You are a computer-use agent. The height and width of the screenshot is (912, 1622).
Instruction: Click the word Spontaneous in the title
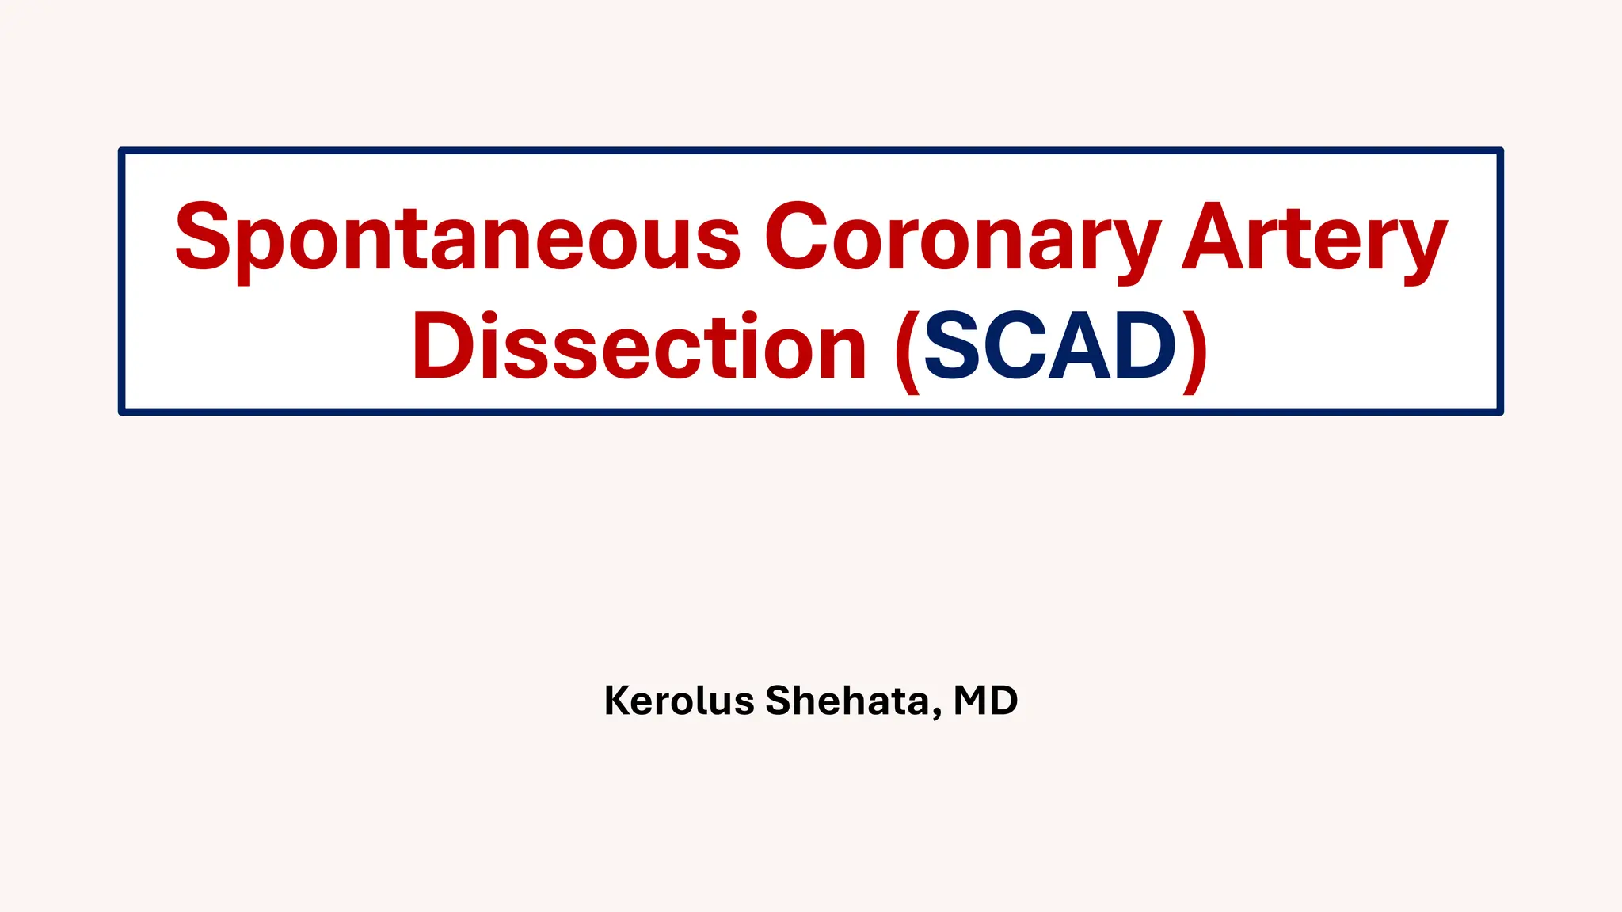click(x=458, y=237)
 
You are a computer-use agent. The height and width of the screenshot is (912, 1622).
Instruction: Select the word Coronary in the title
click(x=962, y=237)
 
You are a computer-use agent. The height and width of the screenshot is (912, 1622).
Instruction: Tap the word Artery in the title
click(x=1315, y=237)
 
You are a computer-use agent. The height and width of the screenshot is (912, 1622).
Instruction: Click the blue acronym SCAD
click(x=1050, y=347)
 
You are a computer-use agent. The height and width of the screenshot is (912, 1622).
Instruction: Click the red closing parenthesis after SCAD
click(x=1194, y=350)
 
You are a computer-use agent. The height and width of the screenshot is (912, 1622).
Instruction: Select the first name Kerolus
click(x=679, y=701)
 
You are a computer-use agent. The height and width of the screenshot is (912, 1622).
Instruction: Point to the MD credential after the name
click(x=985, y=701)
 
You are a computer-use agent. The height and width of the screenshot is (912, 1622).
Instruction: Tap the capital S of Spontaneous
click(x=203, y=236)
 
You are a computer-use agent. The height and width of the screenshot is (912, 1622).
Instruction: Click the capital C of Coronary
click(x=795, y=236)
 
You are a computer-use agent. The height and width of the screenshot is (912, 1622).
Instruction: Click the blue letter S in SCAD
click(x=953, y=346)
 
